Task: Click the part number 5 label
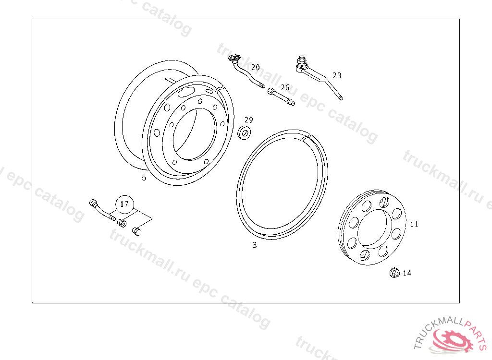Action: tap(144, 178)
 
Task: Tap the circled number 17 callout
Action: tap(124, 204)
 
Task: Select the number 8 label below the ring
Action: tap(255, 245)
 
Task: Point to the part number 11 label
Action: tap(414, 224)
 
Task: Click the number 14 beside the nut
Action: tap(407, 273)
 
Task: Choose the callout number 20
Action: tap(256, 67)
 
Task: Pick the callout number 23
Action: tap(337, 75)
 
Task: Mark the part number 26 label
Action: tap(285, 87)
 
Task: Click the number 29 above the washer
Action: tap(248, 120)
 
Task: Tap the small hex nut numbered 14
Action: tap(394, 273)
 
